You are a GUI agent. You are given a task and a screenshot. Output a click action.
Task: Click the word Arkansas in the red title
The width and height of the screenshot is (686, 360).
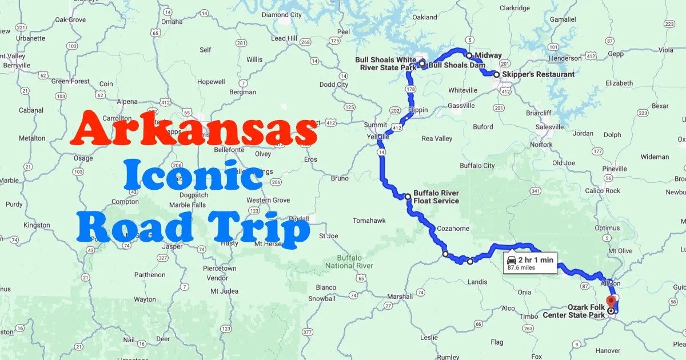click(194, 129)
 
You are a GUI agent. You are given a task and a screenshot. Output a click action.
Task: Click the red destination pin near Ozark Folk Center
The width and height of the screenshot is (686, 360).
click(611, 301)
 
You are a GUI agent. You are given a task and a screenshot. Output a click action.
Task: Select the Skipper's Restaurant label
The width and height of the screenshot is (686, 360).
click(538, 74)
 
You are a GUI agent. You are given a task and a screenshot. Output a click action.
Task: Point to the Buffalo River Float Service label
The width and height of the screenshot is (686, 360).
click(436, 197)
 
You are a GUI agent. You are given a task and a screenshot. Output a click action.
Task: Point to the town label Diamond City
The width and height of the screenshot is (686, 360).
click(282, 15)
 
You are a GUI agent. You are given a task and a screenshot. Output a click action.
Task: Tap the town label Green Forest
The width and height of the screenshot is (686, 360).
click(70, 81)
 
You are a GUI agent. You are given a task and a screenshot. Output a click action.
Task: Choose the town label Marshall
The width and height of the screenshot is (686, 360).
click(400, 297)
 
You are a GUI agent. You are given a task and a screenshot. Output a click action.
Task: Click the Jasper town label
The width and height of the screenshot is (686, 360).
click(172, 246)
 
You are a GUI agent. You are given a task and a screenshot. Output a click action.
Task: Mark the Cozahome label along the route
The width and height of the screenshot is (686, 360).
click(453, 229)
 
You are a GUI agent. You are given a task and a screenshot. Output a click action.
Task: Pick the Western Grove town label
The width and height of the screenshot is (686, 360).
click(268, 200)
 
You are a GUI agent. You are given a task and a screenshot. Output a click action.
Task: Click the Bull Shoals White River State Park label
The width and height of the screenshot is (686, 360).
click(386, 63)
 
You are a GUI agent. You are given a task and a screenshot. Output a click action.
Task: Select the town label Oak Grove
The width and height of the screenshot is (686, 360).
click(70, 19)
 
